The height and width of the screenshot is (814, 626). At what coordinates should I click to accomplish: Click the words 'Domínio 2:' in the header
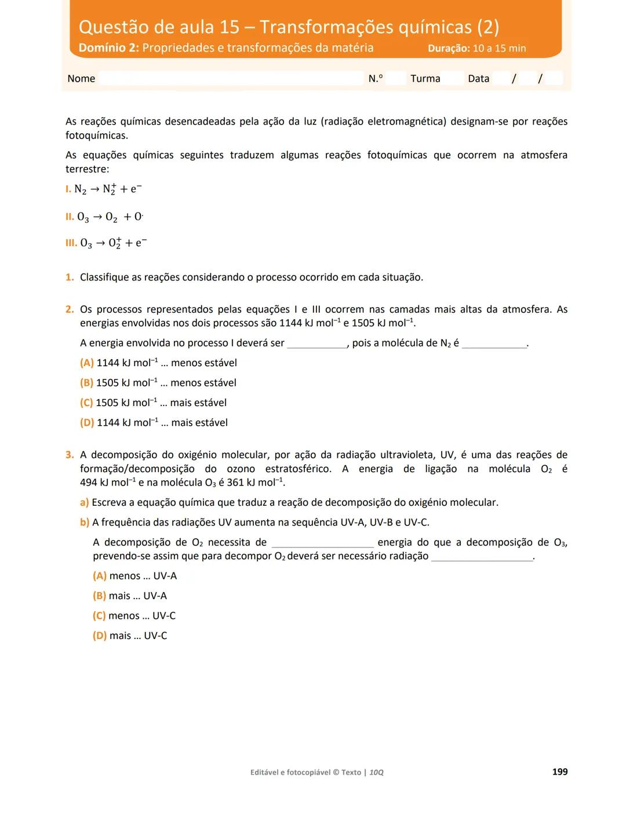click(108, 48)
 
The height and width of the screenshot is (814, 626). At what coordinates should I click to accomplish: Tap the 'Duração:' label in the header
click(449, 49)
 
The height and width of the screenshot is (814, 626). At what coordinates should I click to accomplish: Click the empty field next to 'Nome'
click(231, 79)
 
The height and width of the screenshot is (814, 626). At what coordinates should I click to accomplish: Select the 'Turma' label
click(425, 79)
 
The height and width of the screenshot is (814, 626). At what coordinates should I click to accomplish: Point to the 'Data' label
click(478, 79)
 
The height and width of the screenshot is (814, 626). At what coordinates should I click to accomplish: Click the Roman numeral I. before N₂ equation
click(68, 189)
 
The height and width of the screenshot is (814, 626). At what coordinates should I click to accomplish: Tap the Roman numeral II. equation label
click(70, 217)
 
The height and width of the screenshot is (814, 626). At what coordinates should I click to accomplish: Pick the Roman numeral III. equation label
click(71, 243)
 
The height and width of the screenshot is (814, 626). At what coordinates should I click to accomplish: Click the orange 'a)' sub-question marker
click(85, 502)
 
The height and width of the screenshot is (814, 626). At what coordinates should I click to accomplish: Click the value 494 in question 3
click(89, 483)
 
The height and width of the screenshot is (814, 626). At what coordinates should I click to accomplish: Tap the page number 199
click(559, 772)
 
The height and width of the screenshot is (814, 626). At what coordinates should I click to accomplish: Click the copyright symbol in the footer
click(336, 772)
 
